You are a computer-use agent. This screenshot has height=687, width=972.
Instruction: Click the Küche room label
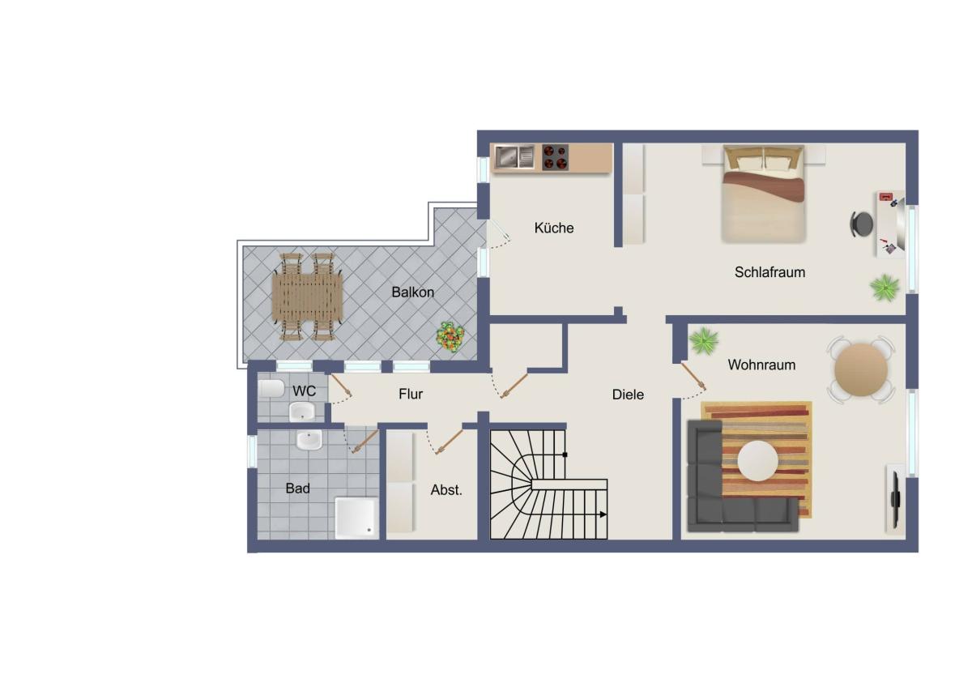554,228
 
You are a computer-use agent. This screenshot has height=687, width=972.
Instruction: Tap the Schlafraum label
769,272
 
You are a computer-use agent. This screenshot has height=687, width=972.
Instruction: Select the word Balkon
412,292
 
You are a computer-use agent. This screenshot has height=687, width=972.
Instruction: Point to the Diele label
628,395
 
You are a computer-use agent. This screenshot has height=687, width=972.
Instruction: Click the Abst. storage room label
446,490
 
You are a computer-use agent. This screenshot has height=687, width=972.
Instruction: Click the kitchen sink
514,156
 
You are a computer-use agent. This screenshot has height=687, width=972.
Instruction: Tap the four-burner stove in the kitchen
556,157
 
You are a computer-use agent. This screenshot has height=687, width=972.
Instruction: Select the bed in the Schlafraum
764,194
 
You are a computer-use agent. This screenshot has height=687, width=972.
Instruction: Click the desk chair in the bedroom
861,224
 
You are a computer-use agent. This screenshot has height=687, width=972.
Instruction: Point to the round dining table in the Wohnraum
861,369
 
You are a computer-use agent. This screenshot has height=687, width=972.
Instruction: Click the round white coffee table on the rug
757,460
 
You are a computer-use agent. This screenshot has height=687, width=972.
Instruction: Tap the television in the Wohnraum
895,500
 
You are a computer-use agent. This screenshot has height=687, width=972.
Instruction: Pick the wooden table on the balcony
307,296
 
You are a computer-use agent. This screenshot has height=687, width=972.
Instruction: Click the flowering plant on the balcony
450,336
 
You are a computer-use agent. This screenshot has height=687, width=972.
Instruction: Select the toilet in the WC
271,388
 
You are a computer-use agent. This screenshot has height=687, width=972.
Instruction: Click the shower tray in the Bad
356,518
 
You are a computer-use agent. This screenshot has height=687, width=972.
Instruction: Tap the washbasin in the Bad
309,440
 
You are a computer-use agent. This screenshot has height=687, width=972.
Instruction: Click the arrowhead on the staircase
603,514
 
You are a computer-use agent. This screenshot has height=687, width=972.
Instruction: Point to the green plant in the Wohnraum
703,341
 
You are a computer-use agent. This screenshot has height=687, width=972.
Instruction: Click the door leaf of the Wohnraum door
693,376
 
